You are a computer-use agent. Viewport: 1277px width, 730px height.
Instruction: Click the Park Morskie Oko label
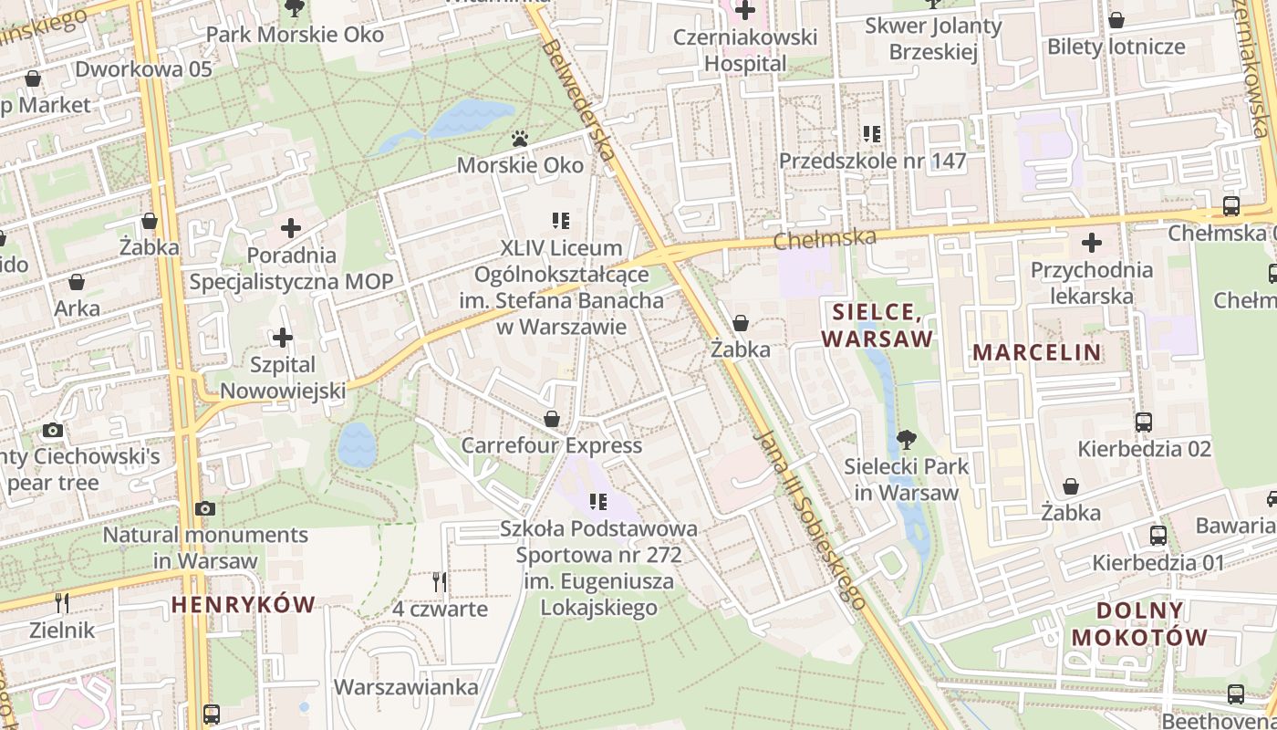[x=295, y=35]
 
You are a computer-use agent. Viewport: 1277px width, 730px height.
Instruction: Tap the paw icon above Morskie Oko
[x=520, y=139]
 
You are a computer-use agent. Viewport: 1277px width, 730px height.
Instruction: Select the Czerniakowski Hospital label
[x=744, y=50]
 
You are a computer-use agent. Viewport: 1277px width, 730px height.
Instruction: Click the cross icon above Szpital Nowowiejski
[x=283, y=338]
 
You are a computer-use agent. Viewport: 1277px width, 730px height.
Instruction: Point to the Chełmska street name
[x=825, y=239]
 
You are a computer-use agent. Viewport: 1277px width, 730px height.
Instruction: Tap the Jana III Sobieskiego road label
[x=810, y=517]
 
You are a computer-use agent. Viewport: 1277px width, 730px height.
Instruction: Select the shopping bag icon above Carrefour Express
[x=552, y=419]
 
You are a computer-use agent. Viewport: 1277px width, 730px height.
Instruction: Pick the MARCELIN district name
[x=1036, y=352]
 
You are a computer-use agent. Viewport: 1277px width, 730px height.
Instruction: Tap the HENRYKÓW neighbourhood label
[x=243, y=604]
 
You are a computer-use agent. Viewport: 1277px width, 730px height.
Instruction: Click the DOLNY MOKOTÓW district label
[x=1139, y=624]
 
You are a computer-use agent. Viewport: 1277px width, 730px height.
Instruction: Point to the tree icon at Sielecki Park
[x=907, y=440]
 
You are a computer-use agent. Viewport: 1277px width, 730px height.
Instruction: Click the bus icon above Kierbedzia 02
[x=1144, y=422]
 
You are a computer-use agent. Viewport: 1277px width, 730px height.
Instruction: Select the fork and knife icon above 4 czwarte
[x=440, y=581]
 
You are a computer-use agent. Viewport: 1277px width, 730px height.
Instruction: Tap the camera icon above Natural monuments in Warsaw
[x=205, y=508]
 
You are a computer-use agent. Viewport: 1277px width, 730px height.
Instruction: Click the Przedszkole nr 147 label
[x=872, y=162]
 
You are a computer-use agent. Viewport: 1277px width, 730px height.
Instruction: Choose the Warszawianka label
[x=407, y=686]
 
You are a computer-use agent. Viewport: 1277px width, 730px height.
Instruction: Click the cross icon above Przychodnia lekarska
[x=1091, y=243]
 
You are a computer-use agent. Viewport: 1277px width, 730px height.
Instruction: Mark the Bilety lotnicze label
[x=1116, y=47]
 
